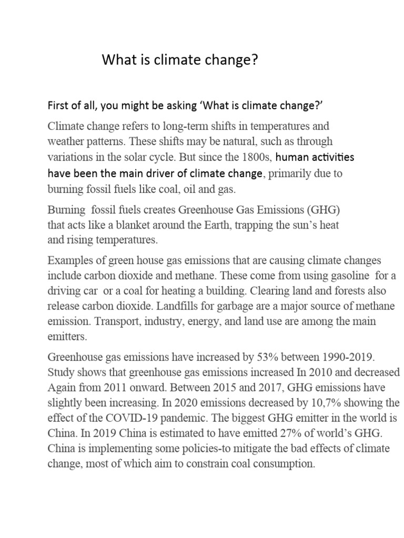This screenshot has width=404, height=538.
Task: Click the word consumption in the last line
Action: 284,464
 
